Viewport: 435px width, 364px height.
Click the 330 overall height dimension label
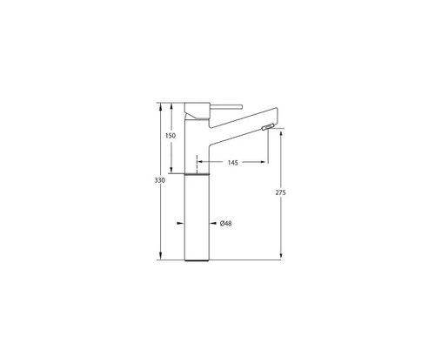point(159,180)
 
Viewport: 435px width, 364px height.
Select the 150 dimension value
point(171,136)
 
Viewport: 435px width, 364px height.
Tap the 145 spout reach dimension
point(232,163)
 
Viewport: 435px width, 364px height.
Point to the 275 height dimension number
point(280,192)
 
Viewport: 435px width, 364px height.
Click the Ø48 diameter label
point(225,223)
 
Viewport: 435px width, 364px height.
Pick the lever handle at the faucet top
point(225,107)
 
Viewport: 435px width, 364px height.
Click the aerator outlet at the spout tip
point(268,127)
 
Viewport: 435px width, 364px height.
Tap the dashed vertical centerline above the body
point(197,164)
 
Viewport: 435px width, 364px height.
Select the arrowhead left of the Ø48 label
point(213,223)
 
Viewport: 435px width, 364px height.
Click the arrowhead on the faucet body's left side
point(180,223)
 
